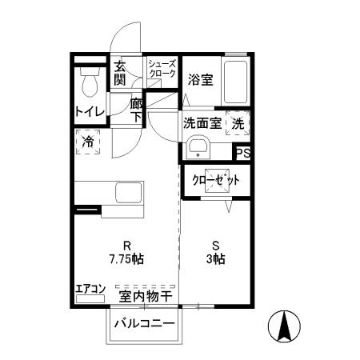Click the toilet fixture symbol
(89, 80)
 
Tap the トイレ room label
(90, 111)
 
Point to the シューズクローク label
(162, 68)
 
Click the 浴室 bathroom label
(200, 80)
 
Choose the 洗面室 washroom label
(202, 123)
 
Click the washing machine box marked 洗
(238, 123)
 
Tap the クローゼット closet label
(216, 180)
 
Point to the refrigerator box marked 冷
(89, 143)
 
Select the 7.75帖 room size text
(127, 258)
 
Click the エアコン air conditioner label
(90, 290)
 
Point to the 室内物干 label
(146, 297)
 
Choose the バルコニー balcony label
(144, 324)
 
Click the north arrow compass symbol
(283, 325)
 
